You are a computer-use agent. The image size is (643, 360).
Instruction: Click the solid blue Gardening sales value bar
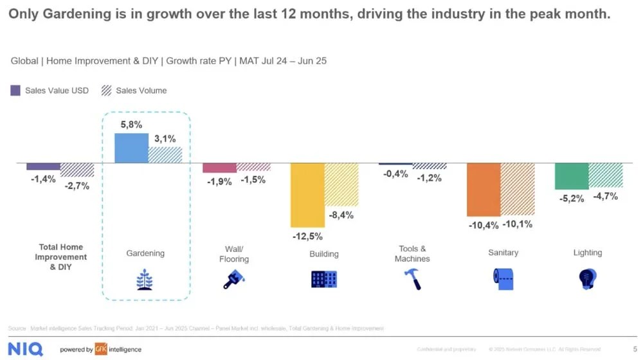coord(131,148)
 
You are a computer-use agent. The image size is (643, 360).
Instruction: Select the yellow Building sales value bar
coord(307,194)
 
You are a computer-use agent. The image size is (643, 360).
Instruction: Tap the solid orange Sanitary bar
coord(484,189)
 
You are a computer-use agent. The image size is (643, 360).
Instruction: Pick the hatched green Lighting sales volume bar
coord(606,175)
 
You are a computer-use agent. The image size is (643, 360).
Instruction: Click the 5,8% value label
coord(131,125)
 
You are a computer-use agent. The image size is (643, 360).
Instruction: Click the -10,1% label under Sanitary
coord(517,224)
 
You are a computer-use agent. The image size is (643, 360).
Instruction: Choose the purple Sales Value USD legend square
coord(16,91)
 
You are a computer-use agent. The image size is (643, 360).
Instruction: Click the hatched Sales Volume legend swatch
coord(106,91)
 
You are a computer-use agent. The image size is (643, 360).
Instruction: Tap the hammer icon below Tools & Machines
coord(411,279)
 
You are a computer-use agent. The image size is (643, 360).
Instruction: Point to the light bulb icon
coord(587,278)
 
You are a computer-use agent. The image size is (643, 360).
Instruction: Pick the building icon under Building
coord(323,278)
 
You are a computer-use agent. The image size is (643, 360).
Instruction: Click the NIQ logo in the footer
coord(26,349)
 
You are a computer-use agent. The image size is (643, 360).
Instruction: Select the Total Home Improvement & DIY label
coord(61,256)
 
